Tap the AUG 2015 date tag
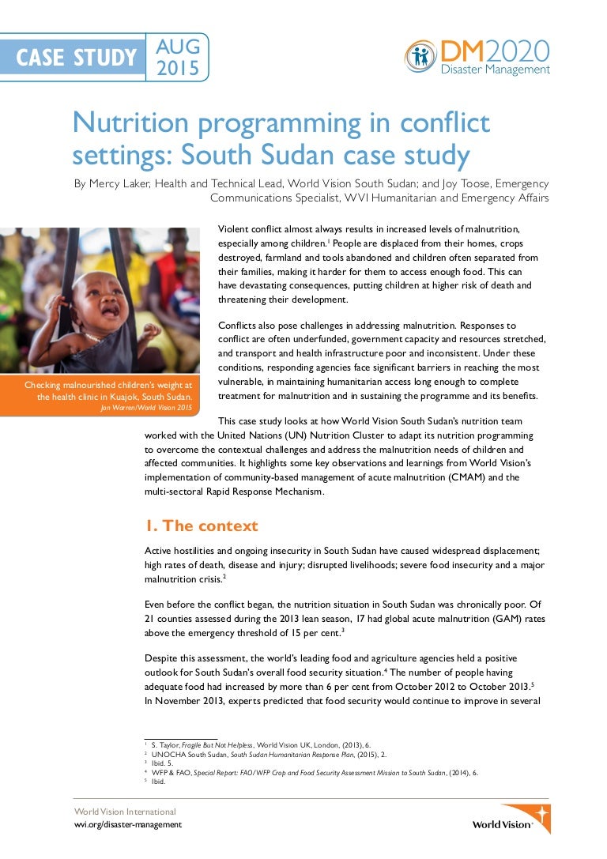(179, 57)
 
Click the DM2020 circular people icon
(420, 56)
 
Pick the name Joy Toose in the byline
(441, 183)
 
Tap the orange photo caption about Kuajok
(111, 390)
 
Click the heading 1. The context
(201, 526)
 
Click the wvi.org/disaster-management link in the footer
(127, 824)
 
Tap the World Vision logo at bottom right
(511, 818)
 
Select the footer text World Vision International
(125, 812)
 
